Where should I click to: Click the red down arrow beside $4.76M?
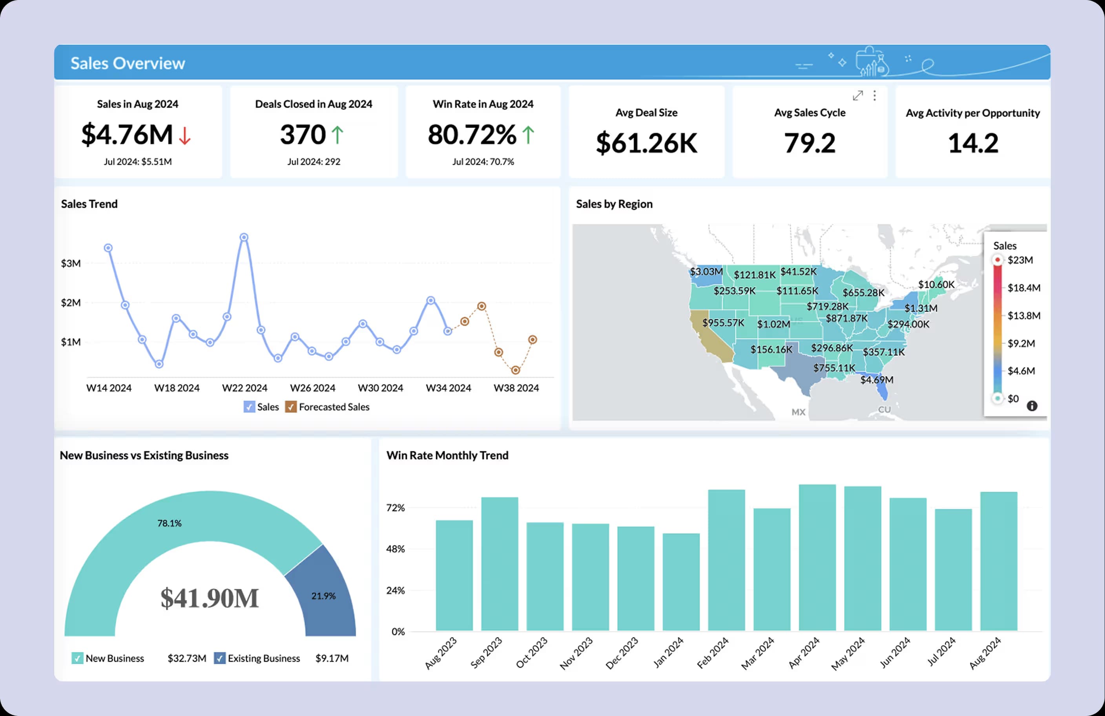tap(185, 135)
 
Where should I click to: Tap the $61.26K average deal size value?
tap(646, 143)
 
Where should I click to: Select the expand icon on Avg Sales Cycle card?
tap(857, 96)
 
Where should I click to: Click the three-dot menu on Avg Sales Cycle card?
tap(875, 96)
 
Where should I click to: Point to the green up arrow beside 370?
tap(337, 135)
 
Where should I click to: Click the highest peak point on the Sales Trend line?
tap(244, 237)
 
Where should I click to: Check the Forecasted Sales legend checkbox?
tap(291, 407)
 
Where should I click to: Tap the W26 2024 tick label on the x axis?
tap(312, 388)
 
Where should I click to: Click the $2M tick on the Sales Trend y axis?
tap(71, 303)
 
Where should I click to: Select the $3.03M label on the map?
tap(706, 271)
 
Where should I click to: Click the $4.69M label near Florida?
tap(877, 380)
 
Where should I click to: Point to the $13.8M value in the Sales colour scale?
tap(1024, 316)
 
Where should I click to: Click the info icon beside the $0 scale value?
tap(1032, 406)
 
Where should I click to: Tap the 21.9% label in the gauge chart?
tap(323, 596)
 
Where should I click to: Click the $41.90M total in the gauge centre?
tap(210, 598)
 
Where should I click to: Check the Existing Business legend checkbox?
tap(220, 658)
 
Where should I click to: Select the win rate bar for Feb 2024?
tap(727, 560)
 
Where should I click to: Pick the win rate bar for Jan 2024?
tap(681, 582)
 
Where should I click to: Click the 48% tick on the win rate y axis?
tap(396, 549)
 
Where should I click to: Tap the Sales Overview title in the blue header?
tap(128, 63)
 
